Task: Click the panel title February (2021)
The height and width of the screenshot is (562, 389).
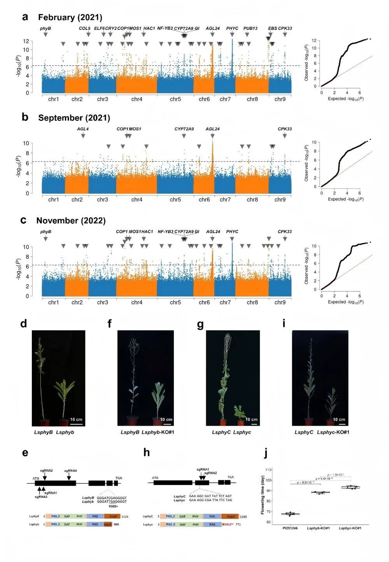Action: click(x=70, y=18)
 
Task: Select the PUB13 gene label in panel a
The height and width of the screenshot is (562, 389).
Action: click(x=250, y=28)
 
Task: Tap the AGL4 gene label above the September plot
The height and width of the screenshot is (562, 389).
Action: click(x=82, y=129)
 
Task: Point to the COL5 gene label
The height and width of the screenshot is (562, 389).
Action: click(x=84, y=28)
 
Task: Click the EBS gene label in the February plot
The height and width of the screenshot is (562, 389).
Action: click(x=272, y=28)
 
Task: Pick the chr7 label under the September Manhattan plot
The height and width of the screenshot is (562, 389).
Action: click(x=225, y=200)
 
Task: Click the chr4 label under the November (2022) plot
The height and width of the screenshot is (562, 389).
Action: click(x=137, y=302)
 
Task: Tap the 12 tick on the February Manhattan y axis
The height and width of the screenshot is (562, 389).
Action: click(x=26, y=41)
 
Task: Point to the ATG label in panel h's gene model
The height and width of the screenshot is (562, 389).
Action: click(x=155, y=478)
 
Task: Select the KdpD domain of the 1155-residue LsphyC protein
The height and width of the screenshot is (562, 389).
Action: click(x=230, y=517)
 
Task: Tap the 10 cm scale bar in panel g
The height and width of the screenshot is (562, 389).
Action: click(x=251, y=420)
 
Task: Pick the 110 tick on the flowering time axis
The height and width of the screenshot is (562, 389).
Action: click(x=268, y=470)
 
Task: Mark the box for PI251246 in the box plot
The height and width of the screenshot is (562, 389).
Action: click(x=290, y=514)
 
